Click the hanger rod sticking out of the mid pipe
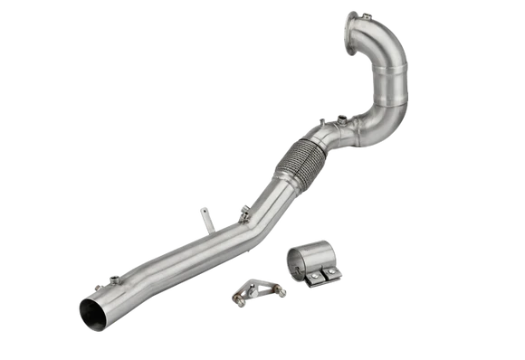click(x=205, y=218)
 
